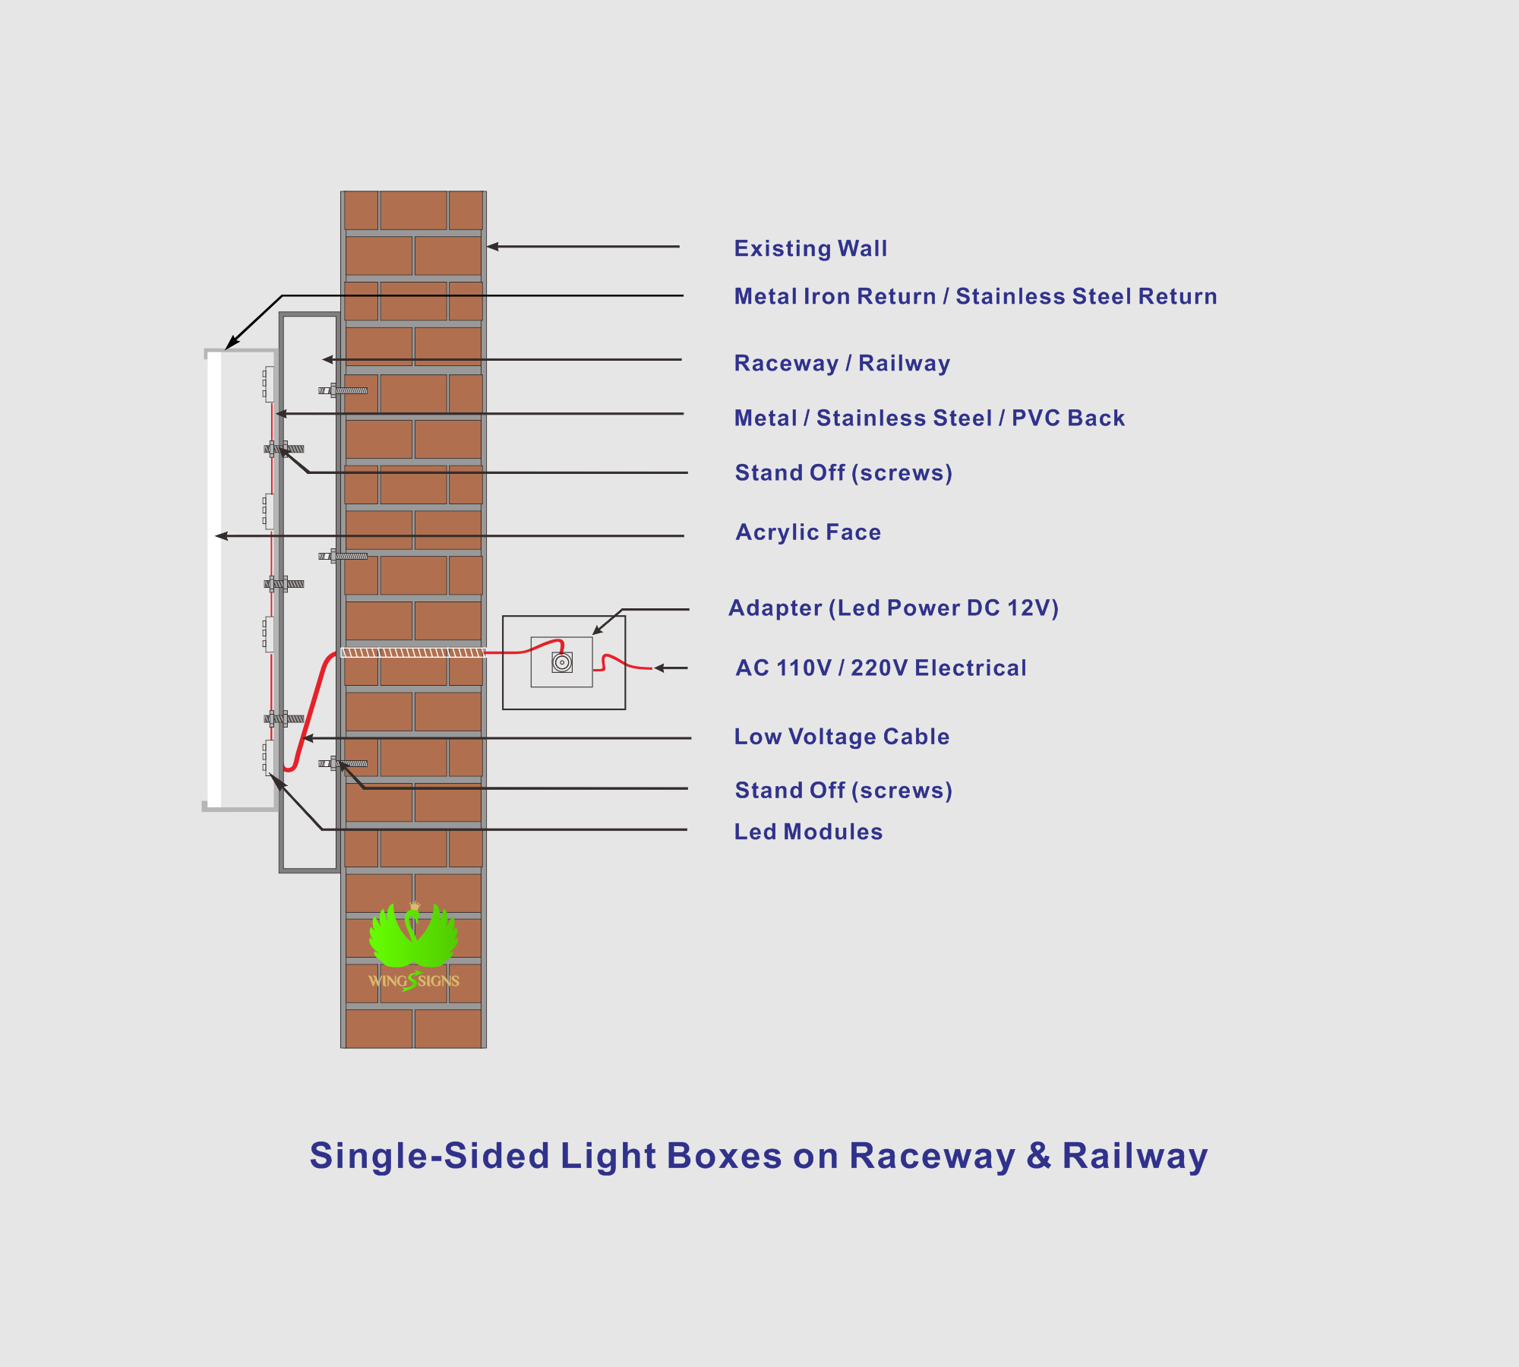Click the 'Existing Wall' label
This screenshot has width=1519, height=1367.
[x=810, y=249]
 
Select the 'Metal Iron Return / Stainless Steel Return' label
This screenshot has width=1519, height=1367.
[x=975, y=296]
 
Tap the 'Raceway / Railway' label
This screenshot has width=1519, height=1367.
[x=842, y=363]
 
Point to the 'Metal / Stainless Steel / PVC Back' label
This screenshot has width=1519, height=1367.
[x=929, y=418]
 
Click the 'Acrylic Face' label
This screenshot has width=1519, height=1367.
[x=808, y=532]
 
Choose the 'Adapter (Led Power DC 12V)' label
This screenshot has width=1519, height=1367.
[x=893, y=608]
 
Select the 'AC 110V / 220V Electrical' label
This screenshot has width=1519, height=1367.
[x=881, y=668]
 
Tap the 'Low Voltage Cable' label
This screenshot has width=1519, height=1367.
[x=842, y=737]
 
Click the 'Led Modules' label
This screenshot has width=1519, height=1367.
[x=808, y=832]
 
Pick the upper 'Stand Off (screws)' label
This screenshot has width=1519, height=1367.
[x=843, y=473]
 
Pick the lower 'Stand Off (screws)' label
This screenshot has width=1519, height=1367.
[x=843, y=791]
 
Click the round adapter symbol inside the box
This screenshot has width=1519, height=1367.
[x=562, y=662]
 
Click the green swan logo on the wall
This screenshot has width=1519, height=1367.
[x=413, y=934]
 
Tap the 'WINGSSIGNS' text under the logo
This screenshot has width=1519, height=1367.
[x=414, y=980]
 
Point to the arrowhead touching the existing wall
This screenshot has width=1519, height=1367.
[x=493, y=247]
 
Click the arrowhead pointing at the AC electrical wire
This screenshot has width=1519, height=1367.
[x=660, y=668]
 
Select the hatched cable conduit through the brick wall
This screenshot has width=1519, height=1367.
[x=413, y=652]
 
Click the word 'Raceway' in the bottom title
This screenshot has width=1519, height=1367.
[x=932, y=1157]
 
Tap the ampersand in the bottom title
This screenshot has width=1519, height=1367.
[x=1039, y=1155]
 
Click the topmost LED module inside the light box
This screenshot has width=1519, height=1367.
[x=269, y=384]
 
